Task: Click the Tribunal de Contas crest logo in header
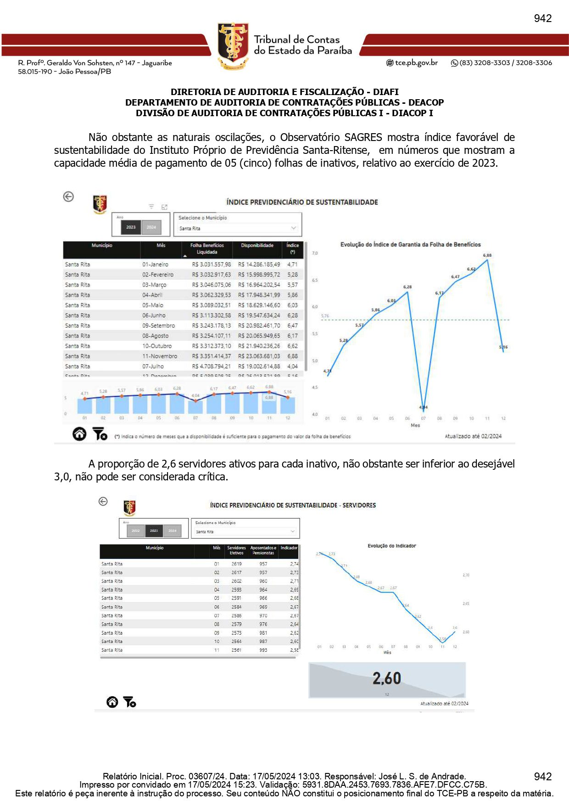click(233, 46)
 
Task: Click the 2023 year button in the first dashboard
click(131, 227)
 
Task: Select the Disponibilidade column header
click(257, 246)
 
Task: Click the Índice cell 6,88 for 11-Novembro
click(292, 356)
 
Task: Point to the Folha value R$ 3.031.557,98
click(212, 265)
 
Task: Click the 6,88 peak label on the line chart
click(487, 255)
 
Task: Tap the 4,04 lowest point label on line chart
click(423, 407)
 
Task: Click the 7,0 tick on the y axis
click(315, 253)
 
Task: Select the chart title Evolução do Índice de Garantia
click(410, 245)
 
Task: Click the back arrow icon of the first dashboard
click(68, 197)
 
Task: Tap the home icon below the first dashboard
click(79, 434)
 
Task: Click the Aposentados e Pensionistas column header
click(263, 550)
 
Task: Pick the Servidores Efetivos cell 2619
click(236, 564)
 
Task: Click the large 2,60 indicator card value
click(386, 678)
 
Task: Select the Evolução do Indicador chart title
click(391, 546)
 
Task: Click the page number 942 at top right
click(542, 18)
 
